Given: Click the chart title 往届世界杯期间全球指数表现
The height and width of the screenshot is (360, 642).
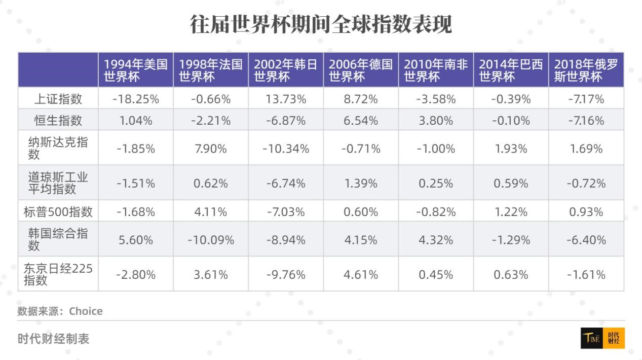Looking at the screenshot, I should (321, 24).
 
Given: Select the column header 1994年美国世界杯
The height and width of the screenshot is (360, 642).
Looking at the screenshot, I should (135, 70).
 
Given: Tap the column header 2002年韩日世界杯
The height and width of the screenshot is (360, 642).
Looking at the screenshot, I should (285, 70).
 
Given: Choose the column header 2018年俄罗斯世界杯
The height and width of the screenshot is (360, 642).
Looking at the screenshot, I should (586, 70).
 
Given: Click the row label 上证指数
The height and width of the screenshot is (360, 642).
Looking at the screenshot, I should (58, 99).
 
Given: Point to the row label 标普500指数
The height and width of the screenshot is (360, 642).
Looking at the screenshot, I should (58, 211).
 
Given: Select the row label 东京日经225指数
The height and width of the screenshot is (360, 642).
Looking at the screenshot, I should (58, 274).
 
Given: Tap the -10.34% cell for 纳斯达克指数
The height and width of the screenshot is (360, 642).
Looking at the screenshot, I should (286, 149).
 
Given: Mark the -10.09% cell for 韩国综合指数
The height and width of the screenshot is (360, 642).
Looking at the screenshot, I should (211, 240).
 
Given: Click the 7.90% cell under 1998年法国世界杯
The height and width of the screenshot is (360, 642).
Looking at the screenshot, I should (211, 149).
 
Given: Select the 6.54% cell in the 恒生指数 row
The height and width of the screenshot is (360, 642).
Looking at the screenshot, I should (361, 121).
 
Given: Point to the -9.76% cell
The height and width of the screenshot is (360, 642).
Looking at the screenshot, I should (286, 275).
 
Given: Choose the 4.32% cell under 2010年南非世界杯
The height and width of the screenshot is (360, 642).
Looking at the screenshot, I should (436, 240).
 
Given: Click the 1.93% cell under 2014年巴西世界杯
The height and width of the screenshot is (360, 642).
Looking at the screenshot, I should (511, 149).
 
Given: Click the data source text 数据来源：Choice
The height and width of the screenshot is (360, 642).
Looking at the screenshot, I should (60, 311).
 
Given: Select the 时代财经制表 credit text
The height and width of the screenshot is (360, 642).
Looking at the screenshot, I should (53, 339).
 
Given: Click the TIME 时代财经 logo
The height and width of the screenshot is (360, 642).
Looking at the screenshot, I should (602, 339).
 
